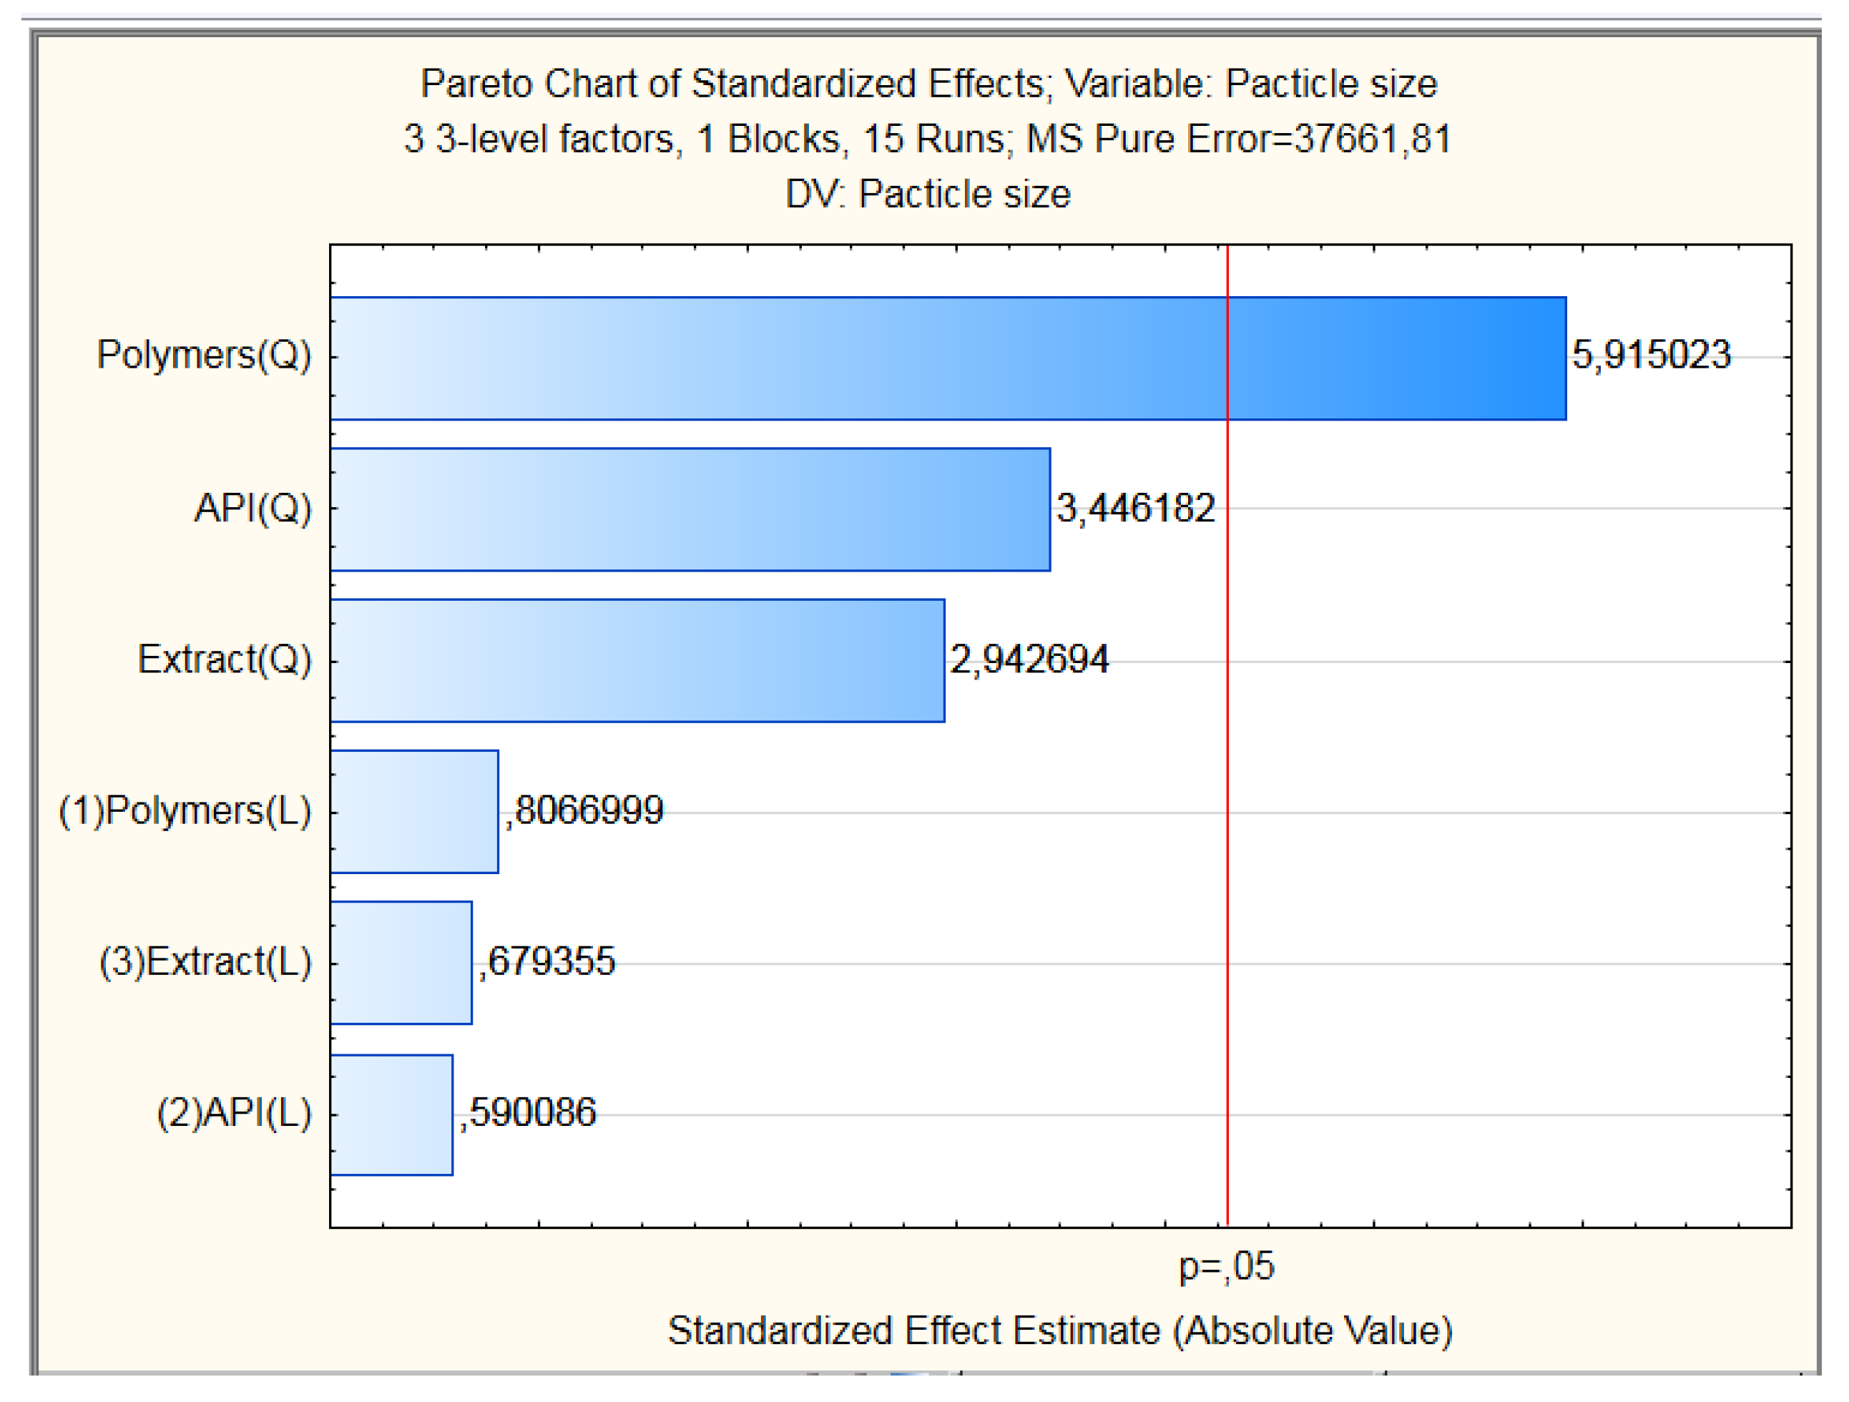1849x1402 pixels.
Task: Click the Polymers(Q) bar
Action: click(947, 358)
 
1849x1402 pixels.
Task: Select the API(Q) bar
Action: click(690, 509)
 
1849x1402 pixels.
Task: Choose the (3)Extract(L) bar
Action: click(401, 963)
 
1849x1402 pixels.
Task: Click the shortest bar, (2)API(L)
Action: click(391, 1115)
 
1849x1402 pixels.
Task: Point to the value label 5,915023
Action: click(1651, 356)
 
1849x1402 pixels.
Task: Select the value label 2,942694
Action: click(1029, 660)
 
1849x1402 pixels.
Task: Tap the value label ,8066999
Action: click(584, 811)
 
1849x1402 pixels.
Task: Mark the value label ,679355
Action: click(546, 962)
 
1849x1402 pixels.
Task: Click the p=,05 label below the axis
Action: click(1226, 1268)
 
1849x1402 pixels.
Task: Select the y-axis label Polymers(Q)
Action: click(204, 356)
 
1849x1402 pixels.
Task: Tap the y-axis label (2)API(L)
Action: click(234, 1114)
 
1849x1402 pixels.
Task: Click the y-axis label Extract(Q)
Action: click(224, 660)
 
